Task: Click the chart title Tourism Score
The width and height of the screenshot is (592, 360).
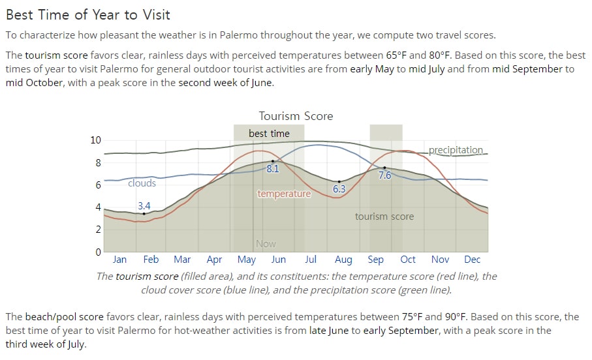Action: (x=296, y=116)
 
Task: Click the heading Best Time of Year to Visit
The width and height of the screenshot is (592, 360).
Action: (x=88, y=15)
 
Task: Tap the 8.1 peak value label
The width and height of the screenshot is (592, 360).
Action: (x=273, y=169)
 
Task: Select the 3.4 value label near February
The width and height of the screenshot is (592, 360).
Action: (x=144, y=205)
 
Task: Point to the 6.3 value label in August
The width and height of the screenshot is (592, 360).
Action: (x=339, y=188)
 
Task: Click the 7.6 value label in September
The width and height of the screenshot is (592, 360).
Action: (x=384, y=175)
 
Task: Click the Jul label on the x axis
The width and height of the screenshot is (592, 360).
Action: (x=310, y=260)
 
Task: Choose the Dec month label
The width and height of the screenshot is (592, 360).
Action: (x=472, y=260)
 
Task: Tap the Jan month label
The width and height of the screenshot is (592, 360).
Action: (x=119, y=260)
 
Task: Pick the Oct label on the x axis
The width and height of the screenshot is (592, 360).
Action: (x=408, y=260)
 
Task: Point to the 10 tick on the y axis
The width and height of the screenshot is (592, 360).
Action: (x=95, y=140)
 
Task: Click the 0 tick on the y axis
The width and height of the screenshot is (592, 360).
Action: (x=98, y=252)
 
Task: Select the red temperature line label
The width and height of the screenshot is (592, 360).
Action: (x=284, y=194)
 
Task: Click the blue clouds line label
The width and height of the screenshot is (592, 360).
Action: (x=142, y=183)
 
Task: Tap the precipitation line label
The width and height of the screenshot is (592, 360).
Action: (x=456, y=150)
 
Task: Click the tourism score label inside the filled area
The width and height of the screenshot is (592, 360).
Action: (x=384, y=217)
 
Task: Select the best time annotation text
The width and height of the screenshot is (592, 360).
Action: (x=269, y=134)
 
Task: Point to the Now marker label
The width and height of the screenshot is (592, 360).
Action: (x=266, y=244)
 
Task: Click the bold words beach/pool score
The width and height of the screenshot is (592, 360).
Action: (x=65, y=316)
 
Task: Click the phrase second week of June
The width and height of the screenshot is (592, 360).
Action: (x=225, y=83)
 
